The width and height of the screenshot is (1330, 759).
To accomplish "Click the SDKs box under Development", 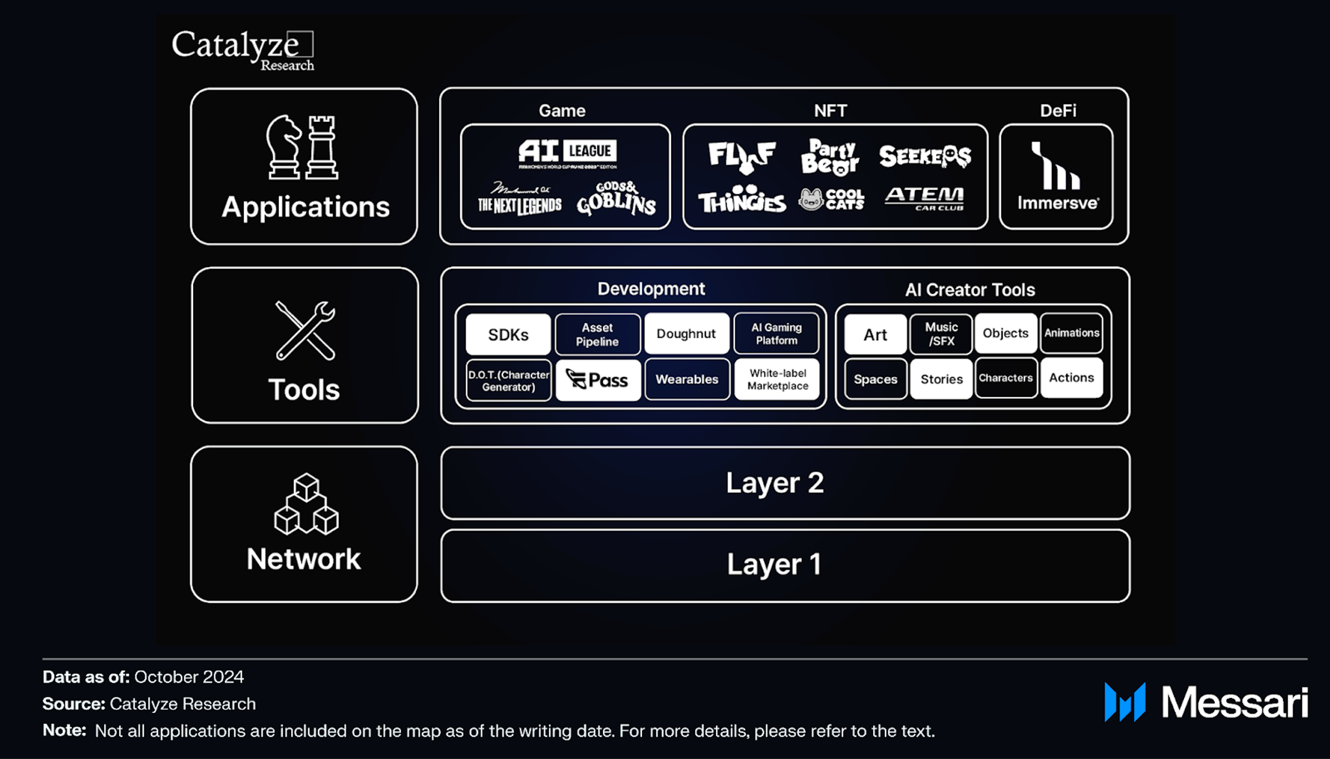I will click(508, 334).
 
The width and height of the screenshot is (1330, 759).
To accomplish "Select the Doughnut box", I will click(686, 334).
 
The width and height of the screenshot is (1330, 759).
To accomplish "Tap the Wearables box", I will click(687, 379).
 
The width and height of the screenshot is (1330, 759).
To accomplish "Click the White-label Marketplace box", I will click(777, 379).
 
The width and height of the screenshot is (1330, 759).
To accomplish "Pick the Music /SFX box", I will click(941, 334).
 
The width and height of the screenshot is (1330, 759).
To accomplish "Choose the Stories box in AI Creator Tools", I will click(941, 379).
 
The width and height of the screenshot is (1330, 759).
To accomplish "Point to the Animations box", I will click(1072, 333).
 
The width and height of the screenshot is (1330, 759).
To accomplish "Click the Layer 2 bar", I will click(785, 483).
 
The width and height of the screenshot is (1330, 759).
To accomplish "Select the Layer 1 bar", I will click(785, 565).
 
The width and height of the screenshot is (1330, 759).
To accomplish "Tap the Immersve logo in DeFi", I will click(1057, 176).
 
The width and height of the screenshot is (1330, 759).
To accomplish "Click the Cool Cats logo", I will click(831, 199).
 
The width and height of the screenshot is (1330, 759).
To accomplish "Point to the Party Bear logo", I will click(830, 157).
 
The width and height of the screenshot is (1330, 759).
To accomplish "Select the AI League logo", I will click(568, 153).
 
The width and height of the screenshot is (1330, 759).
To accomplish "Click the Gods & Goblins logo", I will click(616, 199).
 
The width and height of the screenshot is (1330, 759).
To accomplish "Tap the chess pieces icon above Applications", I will click(303, 148).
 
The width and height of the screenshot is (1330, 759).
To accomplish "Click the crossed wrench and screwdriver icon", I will click(305, 330).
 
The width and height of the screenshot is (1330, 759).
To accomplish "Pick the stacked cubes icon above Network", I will click(306, 504).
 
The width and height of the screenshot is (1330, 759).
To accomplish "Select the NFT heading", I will click(830, 111).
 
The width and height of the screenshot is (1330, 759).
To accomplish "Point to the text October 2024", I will click(189, 676).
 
